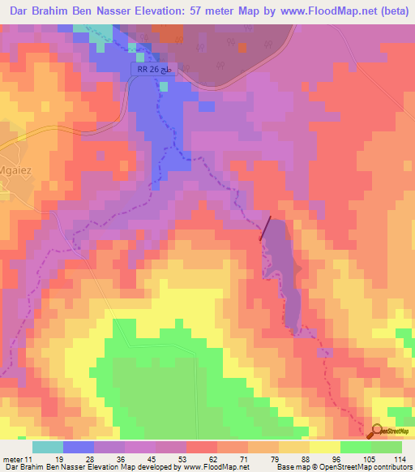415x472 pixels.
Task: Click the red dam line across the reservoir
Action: point(266,229)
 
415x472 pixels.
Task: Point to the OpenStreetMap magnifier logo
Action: point(377,432)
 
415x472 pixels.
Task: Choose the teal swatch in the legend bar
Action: point(47,446)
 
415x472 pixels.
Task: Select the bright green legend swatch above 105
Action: point(356,446)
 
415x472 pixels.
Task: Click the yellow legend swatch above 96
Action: point(325,446)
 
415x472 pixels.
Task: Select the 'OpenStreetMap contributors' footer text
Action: point(365,467)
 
